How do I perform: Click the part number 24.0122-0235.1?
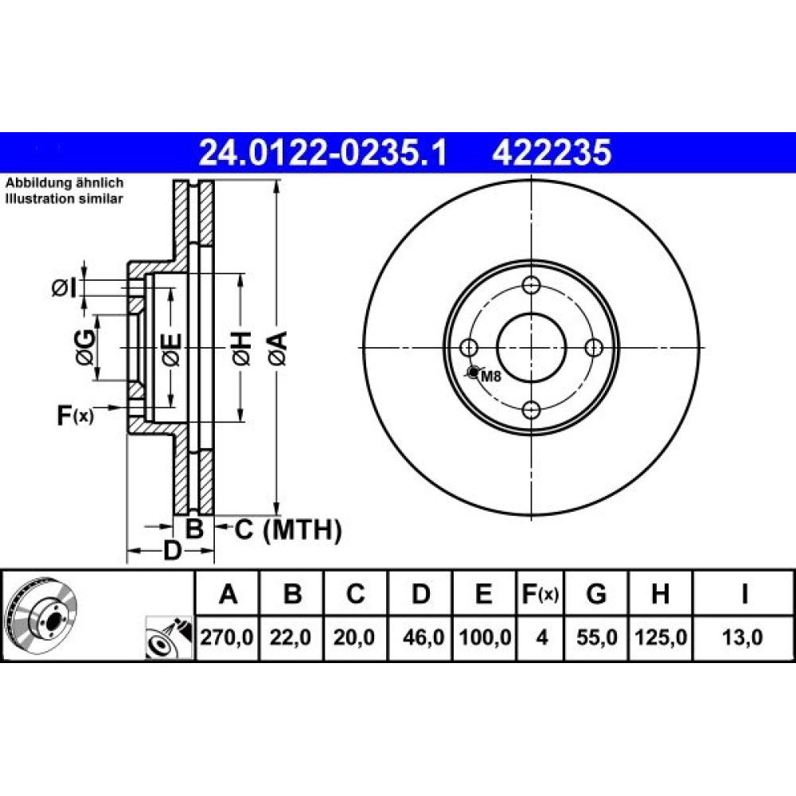tap(323, 153)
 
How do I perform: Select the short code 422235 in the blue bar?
tap(552, 153)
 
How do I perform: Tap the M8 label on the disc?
tap(490, 377)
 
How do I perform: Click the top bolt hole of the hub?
tap(531, 285)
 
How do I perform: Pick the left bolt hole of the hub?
tap(469, 348)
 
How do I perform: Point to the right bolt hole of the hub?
tap(594, 348)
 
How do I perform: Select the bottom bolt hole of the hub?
tap(531, 410)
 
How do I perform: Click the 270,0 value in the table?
tap(227, 637)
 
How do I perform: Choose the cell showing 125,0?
tap(661, 637)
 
